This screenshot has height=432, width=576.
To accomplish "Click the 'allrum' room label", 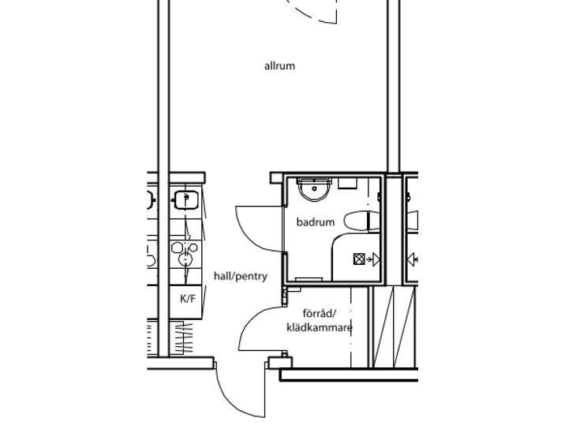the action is point(279,66).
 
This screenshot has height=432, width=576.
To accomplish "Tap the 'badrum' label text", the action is point(316,222).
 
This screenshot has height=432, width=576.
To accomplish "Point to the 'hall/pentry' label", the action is point(241,276).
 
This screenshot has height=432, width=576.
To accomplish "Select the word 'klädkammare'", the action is point(320,328).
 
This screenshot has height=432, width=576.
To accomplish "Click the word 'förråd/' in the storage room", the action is point(320,314).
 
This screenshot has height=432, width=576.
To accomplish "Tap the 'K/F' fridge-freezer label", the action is point(188,299).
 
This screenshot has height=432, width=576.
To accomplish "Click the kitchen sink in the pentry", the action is point(186,199).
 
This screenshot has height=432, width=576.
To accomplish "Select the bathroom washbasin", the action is point(315,189).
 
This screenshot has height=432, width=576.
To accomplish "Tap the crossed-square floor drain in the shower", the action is point(358,259).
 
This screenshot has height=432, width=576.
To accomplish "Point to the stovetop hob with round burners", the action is point(185,254).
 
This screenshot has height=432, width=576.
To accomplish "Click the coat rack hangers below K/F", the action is point(183,337).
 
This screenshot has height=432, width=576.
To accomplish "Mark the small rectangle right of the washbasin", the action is point(347,183).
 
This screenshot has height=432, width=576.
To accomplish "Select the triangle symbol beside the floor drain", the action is point(376,259).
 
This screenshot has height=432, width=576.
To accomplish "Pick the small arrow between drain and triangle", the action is point(368,259).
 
